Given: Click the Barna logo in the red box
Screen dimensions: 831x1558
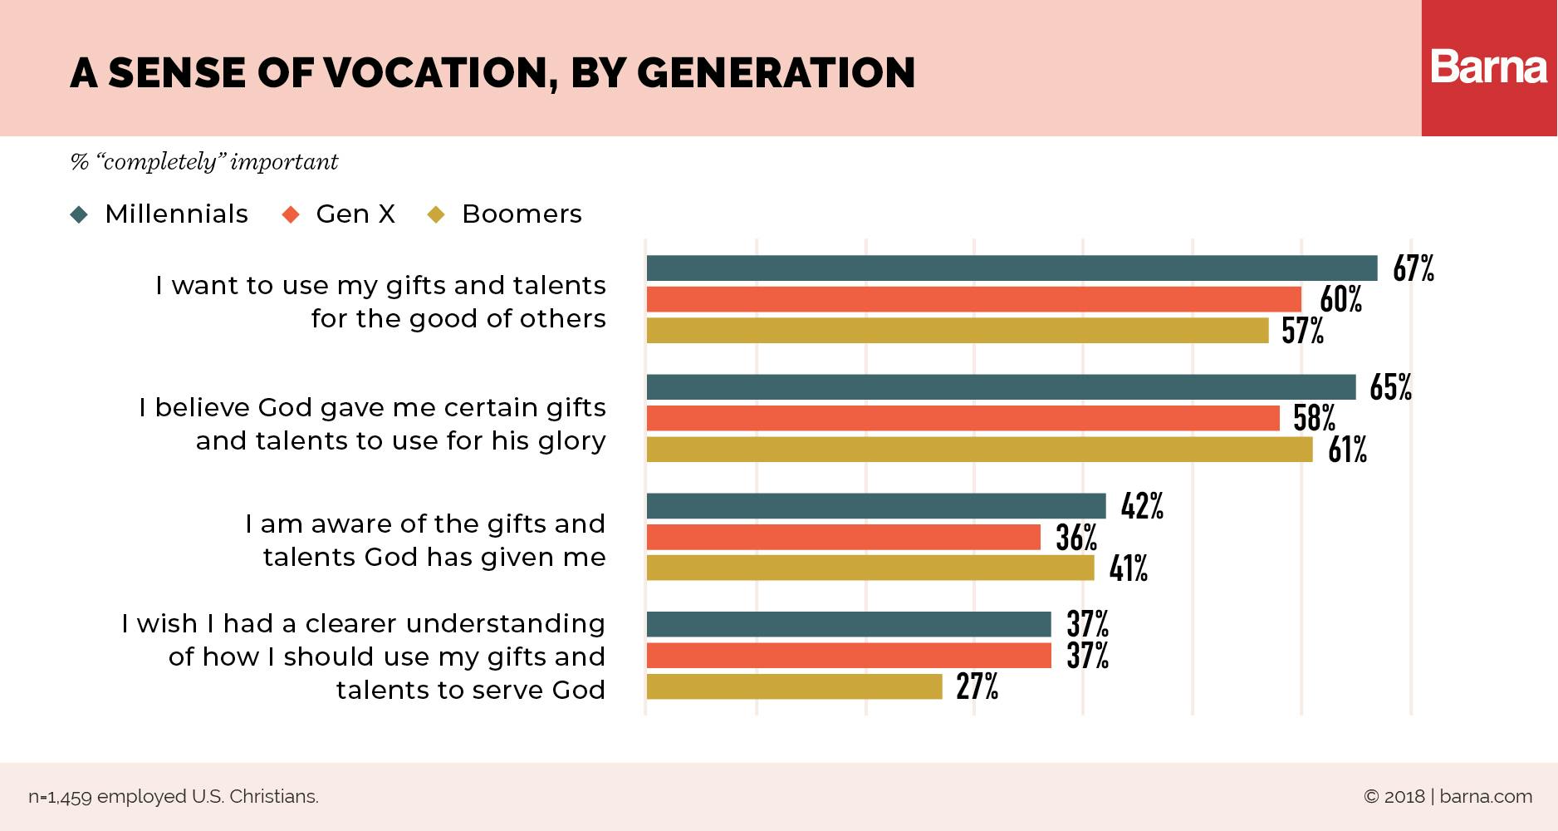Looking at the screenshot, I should click(1488, 68).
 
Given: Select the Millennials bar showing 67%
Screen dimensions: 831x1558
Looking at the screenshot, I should click(1012, 268).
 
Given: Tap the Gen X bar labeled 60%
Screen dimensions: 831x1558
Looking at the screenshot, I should click(973, 299).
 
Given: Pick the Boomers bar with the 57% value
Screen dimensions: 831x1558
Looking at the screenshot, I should click(957, 331).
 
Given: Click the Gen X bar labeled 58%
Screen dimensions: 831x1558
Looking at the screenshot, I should click(963, 418).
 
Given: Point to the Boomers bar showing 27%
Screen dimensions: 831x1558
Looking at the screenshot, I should click(794, 686).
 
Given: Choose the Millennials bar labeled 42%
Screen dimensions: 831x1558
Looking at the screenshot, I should click(875, 506).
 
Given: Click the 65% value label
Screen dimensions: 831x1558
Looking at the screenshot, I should click(1390, 388).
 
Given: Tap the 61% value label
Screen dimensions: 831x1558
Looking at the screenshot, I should click(1347, 450).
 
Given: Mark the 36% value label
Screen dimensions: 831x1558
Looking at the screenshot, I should click(1076, 538).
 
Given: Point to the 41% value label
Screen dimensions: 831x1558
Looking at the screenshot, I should click(1128, 569).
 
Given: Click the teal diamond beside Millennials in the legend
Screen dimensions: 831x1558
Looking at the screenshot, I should click(80, 214).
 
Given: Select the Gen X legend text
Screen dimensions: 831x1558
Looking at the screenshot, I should click(355, 214).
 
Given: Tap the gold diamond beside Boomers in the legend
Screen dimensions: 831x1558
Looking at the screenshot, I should click(435, 214).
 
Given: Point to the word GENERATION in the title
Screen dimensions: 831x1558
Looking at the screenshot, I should click(776, 73).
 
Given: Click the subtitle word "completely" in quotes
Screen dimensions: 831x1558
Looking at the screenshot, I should click(159, 161).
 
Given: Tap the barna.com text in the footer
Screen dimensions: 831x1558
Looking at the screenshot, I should click(1486, 797).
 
